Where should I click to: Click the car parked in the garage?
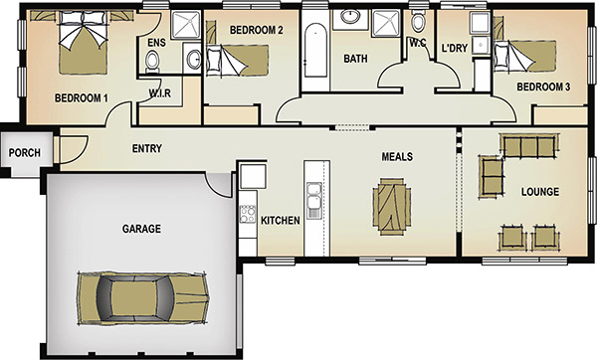tap(143, 298)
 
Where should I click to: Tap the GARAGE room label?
tap(141, 229)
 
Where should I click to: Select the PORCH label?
tap(24, 152)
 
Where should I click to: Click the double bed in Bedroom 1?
tap(83, 42)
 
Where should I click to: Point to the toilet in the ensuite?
tap(152, 62)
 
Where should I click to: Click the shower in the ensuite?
tap(185, 25)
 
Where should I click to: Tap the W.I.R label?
tap(159, 92)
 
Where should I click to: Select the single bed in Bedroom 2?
tap(238, 60)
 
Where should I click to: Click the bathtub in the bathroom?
tap(316, 51)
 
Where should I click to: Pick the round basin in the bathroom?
tap(350, 16)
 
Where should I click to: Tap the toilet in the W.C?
tap(418, 22)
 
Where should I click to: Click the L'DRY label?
tap(455, 49)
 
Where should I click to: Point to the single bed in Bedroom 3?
tap(525, 56)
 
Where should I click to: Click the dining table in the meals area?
tap(392, 206)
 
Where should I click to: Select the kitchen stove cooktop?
tap(248, 214)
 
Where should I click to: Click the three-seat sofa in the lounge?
tap(529, 145)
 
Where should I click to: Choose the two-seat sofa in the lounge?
tap(492, 176)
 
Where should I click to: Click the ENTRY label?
tap(147, 148)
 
